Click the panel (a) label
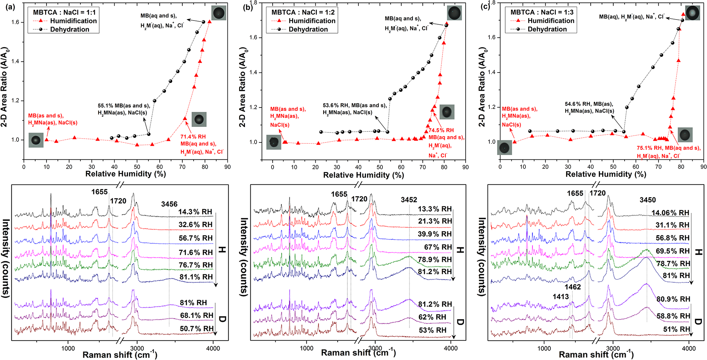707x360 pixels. point(10,7)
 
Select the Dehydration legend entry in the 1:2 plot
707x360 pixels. point(308,29)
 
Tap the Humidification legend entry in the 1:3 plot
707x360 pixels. point(551,21)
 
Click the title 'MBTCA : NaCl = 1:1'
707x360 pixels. point(64,12)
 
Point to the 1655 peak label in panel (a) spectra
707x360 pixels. point(100,192)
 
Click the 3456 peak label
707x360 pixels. point(169,204)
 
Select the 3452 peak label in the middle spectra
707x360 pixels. point(409,200)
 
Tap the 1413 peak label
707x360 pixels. point(561,297)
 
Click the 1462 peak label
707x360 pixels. point(573,287)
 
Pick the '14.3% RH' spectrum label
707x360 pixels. point(195,212)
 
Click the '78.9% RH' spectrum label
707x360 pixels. point(435,260)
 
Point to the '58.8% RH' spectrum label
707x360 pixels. point(673,316)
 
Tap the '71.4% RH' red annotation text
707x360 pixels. point(193,137)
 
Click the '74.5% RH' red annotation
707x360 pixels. point(441,130)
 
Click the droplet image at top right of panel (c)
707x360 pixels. point(692,13)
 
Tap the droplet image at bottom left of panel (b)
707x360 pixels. point(274,142)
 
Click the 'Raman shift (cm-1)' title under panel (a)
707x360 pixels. point(120,355)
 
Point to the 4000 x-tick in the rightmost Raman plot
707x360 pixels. point(689,348)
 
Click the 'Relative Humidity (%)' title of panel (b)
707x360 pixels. point(363,175)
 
